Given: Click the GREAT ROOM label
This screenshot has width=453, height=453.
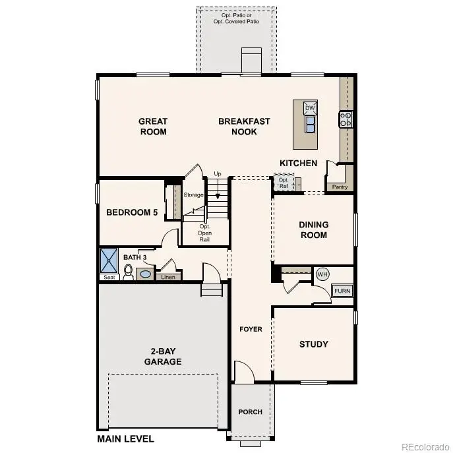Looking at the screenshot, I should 152,126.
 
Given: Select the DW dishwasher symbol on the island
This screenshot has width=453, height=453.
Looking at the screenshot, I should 310,107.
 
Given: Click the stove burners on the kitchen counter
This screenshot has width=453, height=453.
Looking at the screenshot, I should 346,119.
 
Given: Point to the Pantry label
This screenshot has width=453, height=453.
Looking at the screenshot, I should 340,187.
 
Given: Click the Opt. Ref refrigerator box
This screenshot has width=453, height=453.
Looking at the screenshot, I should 284,183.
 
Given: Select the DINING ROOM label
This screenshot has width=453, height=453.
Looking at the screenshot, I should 314,229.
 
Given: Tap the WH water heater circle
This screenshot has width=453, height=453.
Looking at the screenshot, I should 322,274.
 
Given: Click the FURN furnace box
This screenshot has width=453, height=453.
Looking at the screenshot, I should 342,291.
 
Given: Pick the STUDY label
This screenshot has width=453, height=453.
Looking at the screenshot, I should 313,344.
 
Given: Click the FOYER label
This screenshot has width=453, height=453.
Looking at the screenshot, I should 251,329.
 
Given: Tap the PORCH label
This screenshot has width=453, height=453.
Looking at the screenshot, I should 251,411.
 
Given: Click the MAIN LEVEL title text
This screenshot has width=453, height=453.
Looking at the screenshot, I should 125,438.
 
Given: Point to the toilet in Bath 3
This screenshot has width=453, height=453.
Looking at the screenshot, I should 129,271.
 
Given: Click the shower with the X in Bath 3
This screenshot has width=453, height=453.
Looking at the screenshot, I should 108,260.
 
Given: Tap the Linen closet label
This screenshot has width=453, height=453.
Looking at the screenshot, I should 167,277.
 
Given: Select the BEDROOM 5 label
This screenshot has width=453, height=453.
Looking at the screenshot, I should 132,212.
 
